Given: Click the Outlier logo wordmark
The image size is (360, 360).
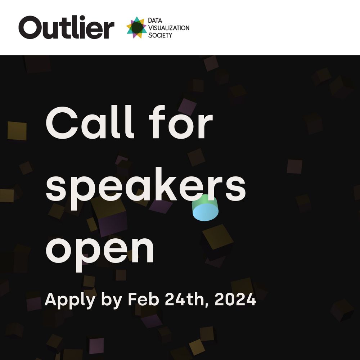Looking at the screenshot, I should pyautogui.click(x=66, y=27).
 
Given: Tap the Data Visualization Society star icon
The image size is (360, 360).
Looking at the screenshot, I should pyautogui.click(x=136, y=27).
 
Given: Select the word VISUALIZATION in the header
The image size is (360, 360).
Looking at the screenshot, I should pyautogui.click(x=168, y=28).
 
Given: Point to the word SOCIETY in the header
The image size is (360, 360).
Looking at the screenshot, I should pyautogui.click(x=160, y=35).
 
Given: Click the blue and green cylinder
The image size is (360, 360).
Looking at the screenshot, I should pyautogui.click(x=205, y=208).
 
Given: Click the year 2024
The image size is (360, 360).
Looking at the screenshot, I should pyautogui.click(x=235, y=300).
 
